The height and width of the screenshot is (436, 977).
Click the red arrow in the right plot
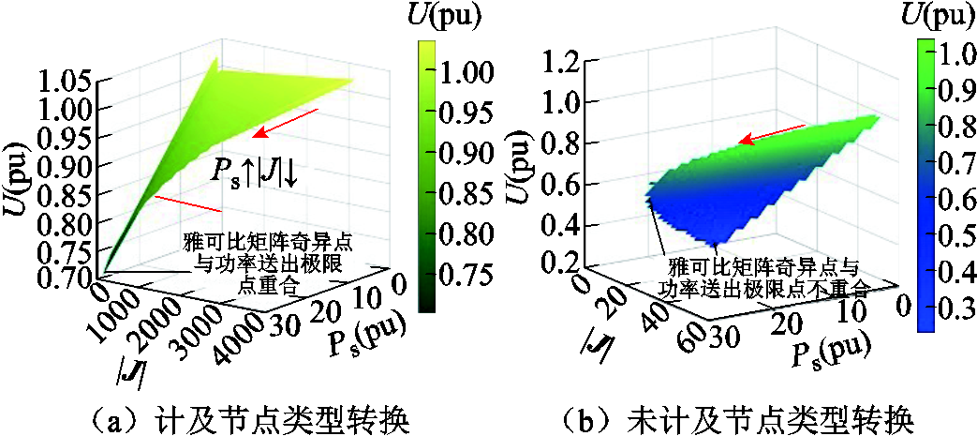point(769,134)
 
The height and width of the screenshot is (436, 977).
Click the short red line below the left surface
point(188,203)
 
